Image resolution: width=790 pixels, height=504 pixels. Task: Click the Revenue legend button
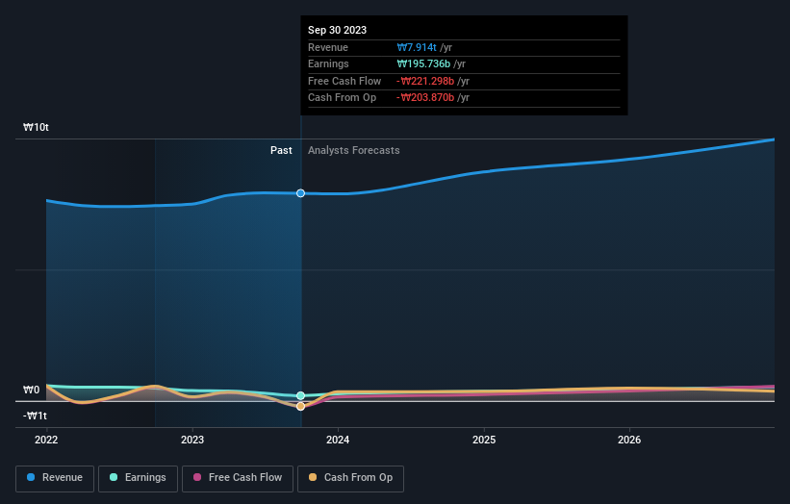(x=56, y=477)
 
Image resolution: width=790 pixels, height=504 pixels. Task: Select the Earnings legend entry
(x=138, y=477)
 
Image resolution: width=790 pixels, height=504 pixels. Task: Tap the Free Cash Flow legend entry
(x=239, y=477)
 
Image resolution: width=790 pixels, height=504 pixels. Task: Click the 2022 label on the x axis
(x=46, y=440)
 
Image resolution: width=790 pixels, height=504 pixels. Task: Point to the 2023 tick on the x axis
(x=192, y=440)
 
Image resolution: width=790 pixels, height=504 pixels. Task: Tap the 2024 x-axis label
(x=338, y=440)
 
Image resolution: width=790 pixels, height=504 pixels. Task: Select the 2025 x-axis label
(x=484, y=440)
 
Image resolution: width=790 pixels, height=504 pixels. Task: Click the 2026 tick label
(x=629, y=440)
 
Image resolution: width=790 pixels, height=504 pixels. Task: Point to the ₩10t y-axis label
(x=37, y=128)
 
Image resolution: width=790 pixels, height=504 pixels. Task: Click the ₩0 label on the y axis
(x=31, y=391)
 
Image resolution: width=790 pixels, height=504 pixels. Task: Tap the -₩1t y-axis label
(x=35, y=416)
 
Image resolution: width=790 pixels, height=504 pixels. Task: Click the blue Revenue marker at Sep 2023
(x=301, y=193)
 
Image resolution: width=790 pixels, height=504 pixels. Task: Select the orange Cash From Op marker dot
(x=301, y=406)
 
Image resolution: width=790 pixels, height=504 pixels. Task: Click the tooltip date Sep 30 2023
(x=337, y=31)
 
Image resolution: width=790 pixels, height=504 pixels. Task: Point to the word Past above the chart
(x=281, y=150)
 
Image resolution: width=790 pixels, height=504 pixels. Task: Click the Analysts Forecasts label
(x=353, y=150)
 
